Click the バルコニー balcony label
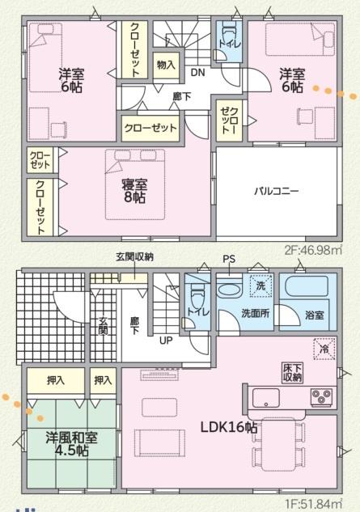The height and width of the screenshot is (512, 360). pyautogui.click(x=277, y=192)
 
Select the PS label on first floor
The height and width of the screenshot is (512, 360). pyautogui.click(x=230, y=260)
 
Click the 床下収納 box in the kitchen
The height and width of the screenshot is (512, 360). pyautogui.click(x=293, y=372)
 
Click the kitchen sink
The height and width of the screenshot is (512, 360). pyautogui.click(x=267, y=397)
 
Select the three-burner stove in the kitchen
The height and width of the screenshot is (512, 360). pyautogui.click(x=320, y=397)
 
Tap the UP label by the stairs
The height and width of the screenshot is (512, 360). pyautogui.click(x=165, y=340)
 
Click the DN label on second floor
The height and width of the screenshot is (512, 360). pyautogui.click(x=197, y=74)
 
